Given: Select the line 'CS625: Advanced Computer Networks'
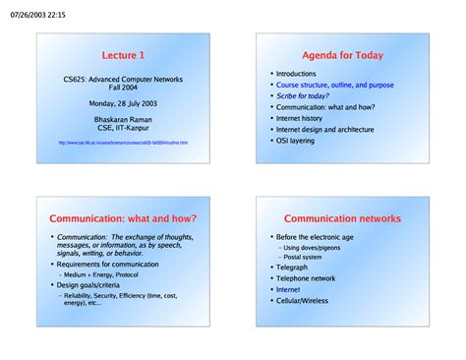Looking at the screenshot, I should point(123,79).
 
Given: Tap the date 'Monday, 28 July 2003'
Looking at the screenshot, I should point(123,102).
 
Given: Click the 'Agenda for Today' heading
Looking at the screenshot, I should point(342,55).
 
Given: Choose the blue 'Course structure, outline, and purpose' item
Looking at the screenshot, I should point(334,85).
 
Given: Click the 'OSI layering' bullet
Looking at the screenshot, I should point(299,141).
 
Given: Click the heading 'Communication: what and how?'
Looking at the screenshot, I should point(123,217).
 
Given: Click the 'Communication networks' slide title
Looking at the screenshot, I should point(342,217).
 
